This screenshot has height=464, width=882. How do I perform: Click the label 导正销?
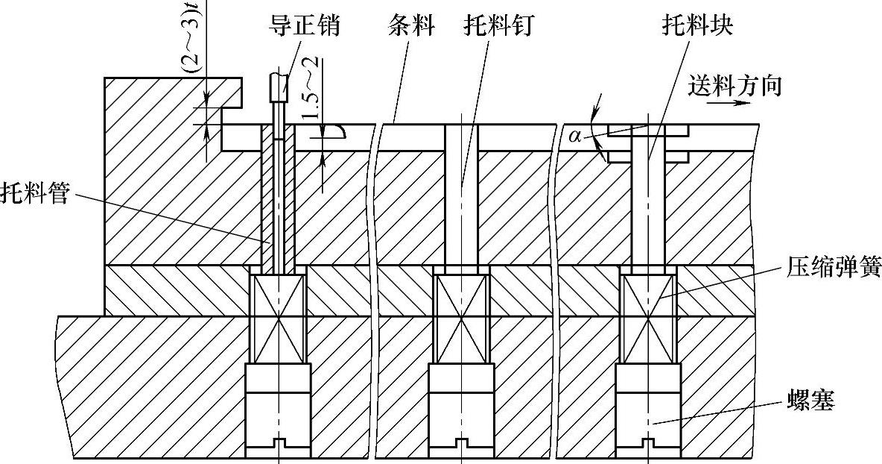coord(305,27)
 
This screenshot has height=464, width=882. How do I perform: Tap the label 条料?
coord(411,27)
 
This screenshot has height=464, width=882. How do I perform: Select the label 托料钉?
coord(495,27)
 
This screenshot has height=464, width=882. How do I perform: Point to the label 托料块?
coord(699,27)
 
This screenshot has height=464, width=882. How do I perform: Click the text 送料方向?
coord(735,87)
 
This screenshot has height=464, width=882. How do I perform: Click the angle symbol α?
coord(574,136)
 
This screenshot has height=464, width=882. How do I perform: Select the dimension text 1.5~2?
coord(311,100)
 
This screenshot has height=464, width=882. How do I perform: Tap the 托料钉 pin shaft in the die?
coord(462,194)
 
